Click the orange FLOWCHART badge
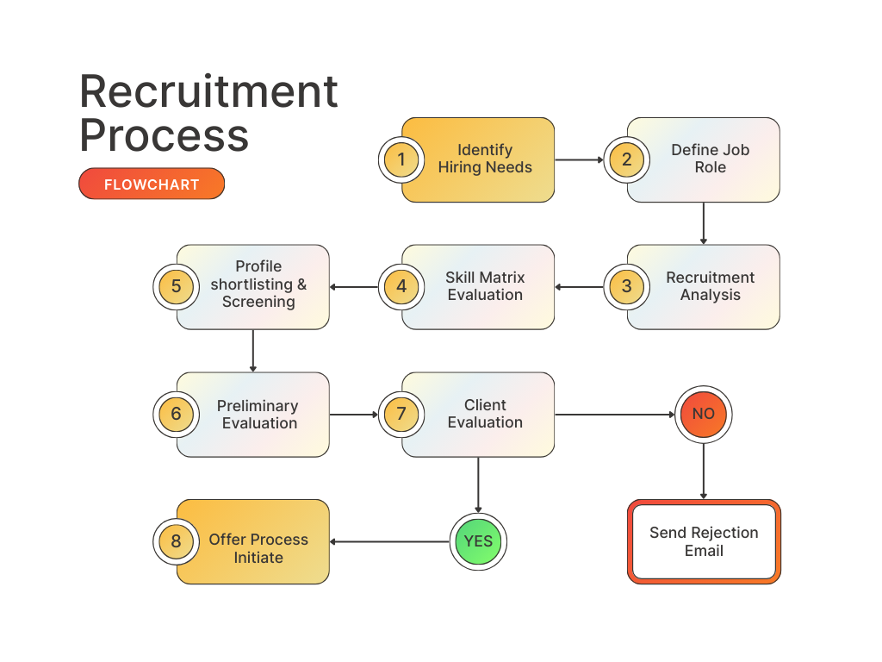click(x=152, y=184)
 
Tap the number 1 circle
click(x=401, y=159)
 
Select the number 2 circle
click(x=626, y=159)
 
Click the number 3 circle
click(x=626, y=287)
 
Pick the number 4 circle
click(x=401, y=287)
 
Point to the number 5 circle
click(x=176, y=287)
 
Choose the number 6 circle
click(x=176, y=415)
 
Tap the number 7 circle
click(x=401, y=415)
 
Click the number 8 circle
click(x=176, y=541)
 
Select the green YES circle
click(x=478, y=541)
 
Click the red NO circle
click(x=704, y=415)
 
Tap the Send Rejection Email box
click(x=704, y=542)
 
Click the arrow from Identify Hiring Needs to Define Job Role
click(x=579, y=159)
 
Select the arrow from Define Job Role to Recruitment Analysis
click(x=704, y=223)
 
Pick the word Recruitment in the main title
click(x=208, y=91)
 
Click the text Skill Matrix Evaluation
click(x=485, y=286)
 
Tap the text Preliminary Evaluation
click(x=258, y=415)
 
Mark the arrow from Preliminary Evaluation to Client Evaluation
click(x=354, y=415)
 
